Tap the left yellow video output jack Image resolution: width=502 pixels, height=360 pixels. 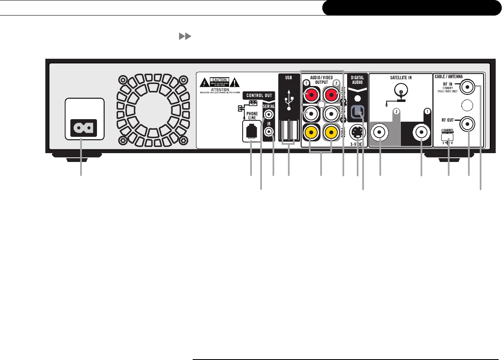point(311,133)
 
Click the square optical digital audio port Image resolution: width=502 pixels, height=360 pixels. point(357,112)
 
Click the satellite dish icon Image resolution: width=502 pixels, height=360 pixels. point(401,90)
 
